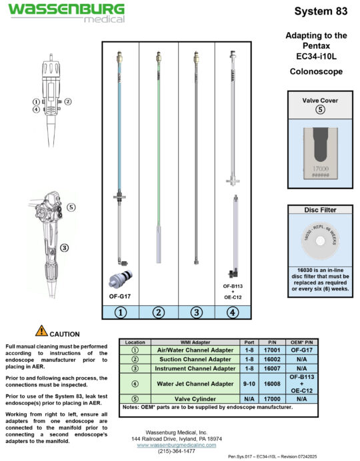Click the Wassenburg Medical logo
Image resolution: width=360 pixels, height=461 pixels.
66,12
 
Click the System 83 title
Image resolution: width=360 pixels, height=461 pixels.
320,11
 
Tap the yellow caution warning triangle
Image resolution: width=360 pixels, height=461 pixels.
41,330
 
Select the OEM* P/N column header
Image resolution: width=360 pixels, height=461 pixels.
301,341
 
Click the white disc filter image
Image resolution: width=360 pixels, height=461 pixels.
320,242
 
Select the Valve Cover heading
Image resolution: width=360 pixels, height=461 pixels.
320,100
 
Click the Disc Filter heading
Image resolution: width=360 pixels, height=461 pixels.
320,210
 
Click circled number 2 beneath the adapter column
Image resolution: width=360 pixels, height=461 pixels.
158,312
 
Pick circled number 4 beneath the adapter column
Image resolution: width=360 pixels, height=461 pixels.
232,312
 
